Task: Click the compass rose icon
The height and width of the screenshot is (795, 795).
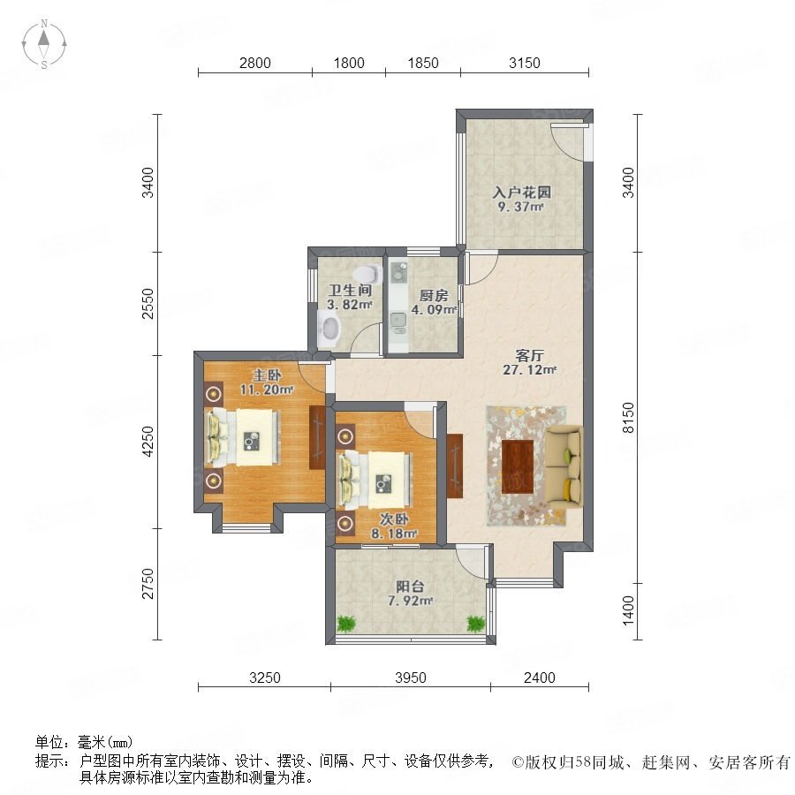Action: (x=44, y=44)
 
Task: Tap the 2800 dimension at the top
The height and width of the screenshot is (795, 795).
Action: (x=255, y=63)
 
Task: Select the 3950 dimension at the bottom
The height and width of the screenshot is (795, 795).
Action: (x=411, y=678)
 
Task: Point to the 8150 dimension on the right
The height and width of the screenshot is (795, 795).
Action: (x=628, y=417)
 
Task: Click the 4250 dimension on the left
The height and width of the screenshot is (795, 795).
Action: (x=148, y=441)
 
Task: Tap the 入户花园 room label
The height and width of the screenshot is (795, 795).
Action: (x=522, y=193)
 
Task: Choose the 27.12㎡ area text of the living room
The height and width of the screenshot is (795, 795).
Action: (x=529, y=369)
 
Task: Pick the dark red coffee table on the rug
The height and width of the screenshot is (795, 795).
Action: (x=518, y=467)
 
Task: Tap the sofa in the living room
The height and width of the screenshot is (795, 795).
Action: (x=564, y=467)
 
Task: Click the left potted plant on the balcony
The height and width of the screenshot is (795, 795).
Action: (x=345, y=623)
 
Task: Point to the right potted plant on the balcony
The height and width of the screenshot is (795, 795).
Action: (x=475, y=623)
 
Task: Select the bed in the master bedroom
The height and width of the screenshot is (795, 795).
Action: (x=242, y=437)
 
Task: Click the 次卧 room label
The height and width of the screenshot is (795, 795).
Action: (x=394, y=519)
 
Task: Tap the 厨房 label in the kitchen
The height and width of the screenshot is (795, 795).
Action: (x=434, y=296)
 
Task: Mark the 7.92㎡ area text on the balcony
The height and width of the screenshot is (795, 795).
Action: (x=410, y=602)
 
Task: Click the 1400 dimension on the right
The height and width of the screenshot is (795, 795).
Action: (x=628, y=610)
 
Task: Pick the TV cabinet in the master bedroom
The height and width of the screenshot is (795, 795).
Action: (x=317, y=437)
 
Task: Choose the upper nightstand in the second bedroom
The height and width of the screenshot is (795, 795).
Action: (x=345, y=435)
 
